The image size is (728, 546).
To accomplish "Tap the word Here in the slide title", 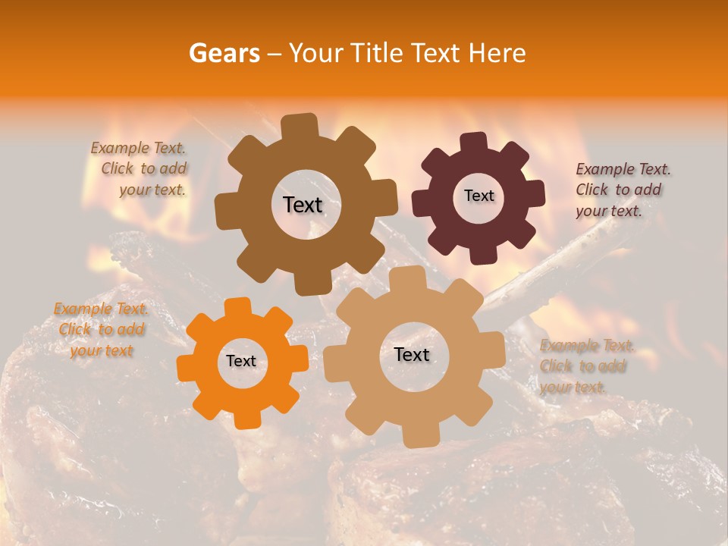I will pyautogui.click(x=497, y=53).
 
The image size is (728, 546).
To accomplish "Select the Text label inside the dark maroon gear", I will pyautogui.click(x=479, y=196).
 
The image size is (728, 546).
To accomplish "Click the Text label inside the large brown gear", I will pyautogui.click(x=303, y=205).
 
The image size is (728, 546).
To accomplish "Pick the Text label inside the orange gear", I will pyautogui.click(x=241, y=361).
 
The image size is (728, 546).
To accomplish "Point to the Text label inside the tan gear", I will pyautogui.click(x=412, y=354).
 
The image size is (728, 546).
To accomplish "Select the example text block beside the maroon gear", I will pyautogui.click(x=622, y=190).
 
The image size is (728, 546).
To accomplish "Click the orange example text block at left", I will pyautogui.click(x=101, y=330).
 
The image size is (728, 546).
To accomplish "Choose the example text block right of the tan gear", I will pyautogui.click(x=586, y=366).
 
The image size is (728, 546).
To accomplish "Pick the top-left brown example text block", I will pyautogui.click(x=140, y=169).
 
